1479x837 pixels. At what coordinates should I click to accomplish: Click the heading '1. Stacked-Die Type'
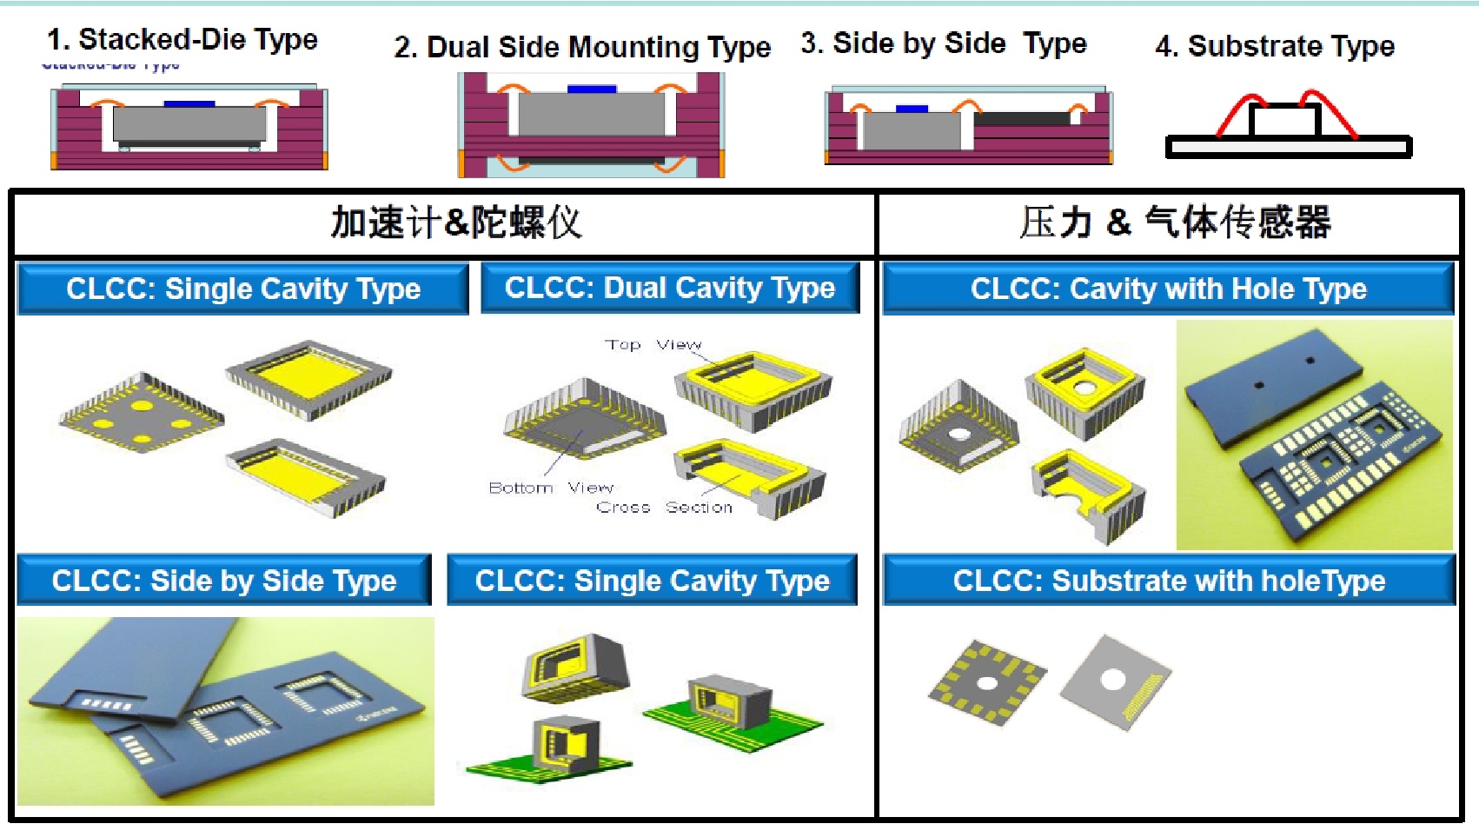[x=182, y=39]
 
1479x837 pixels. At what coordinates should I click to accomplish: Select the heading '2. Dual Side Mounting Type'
[x=581, y=47]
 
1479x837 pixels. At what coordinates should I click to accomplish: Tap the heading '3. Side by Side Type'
[x=943, y=43]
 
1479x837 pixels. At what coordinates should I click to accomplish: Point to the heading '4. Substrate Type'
[x=1274, y=46]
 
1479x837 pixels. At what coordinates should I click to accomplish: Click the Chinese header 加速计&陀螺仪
[x=456, y=223]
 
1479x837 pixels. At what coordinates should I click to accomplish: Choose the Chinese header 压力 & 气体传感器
[x=1175, y=223]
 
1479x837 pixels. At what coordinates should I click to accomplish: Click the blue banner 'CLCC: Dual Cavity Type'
[x=669, y=288]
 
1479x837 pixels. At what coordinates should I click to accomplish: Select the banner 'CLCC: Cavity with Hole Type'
[x=1168, y=289]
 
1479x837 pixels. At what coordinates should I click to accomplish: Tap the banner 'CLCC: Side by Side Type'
[x=223, y=581]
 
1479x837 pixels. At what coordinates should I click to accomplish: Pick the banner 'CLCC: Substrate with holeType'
[x=1169, y=581]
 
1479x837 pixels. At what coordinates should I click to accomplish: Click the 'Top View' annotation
[x=653, y=345]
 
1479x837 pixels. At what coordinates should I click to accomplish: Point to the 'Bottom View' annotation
[x=551, y=488]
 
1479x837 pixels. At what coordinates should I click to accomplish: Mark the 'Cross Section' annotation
[x=665, y=508]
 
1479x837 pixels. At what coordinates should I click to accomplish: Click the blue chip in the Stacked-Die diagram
[x=189, y=104]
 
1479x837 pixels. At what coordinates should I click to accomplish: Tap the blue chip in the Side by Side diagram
[x=912, y=110]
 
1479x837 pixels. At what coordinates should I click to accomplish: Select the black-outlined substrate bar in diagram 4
[x=1288, y=148]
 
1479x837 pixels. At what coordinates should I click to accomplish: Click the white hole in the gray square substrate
[x=1113, y=680]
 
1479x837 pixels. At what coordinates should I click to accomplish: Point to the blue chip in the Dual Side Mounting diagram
[x=592, y=89]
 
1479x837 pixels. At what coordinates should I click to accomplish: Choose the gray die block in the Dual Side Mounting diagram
[x=591, y=114]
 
